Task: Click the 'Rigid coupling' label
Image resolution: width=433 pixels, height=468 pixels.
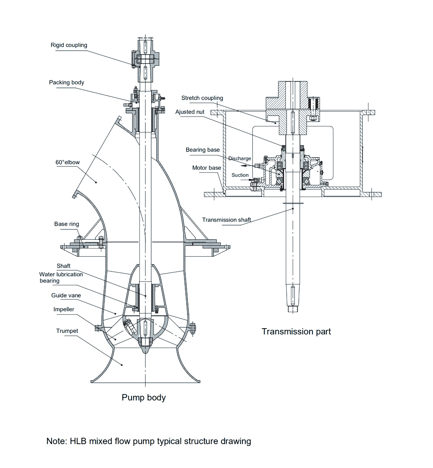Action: (x=69, y=45)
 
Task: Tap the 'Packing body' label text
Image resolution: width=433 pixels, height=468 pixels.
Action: (x=67, y=82)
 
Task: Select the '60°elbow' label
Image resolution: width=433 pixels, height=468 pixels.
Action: (x=68, y=162)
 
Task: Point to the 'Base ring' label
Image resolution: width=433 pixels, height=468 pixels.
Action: (x=67, y=224)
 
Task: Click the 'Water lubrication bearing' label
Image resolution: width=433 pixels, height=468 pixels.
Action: (x=61, y=278)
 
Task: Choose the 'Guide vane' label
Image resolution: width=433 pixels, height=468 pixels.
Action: (x=66, y=296)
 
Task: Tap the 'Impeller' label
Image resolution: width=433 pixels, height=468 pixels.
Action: (x=64, y=310)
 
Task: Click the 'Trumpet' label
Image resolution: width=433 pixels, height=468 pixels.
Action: (x=67, y=331)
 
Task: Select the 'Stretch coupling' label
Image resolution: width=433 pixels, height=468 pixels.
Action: (x=202, y=98)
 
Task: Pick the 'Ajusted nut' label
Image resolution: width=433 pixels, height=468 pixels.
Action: (x=190, y=112)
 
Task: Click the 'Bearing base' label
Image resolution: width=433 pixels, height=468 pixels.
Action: (x=203, y=150)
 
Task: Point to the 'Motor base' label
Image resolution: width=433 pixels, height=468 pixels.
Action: (x=207, y=168)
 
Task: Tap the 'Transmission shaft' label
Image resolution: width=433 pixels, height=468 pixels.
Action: (x=226, y=220)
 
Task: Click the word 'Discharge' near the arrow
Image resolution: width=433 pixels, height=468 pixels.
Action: (x=239, y=158)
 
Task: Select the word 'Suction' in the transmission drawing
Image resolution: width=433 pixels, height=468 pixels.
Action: (x=240, y=175)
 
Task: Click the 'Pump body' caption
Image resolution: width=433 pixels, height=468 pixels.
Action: (x=143, y=397)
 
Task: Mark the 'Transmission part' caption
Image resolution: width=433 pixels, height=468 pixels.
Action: (x=296, y=332)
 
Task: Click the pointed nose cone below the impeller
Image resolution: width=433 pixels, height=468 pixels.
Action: (x=145, y=349)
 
